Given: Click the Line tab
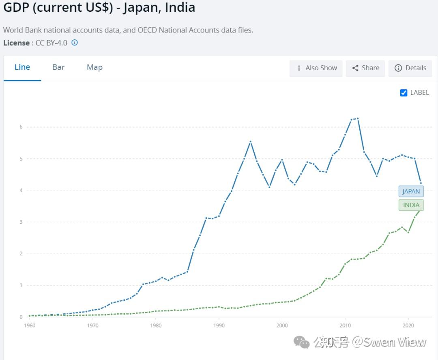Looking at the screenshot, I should [x=22, y=67].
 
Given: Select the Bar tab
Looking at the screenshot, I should [x=58, y=67].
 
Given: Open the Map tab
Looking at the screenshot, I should [x=94, y=67].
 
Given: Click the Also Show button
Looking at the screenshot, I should [x=316, y=68].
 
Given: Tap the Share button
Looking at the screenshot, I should [x=365, y=68].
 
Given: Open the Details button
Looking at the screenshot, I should [x=410, y=68].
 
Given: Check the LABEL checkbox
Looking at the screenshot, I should [x=404, y=93].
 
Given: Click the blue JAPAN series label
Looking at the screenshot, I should [x=411, y=192].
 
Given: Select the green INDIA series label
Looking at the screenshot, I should [x=411, y=205].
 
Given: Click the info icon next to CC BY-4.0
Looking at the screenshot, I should [x=75, y=43].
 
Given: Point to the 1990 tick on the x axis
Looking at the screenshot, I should [x=219, y=325].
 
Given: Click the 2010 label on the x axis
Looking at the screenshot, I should [x=345, y=325].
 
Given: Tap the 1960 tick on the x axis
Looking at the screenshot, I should [x=30, y=325].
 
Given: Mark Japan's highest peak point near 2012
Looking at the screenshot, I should [x=357, y=118].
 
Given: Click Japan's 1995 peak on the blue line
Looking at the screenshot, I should [x=251, y=141].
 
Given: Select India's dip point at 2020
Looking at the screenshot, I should [x=408, y=232].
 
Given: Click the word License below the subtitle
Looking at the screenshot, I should [x=16, y=43].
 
